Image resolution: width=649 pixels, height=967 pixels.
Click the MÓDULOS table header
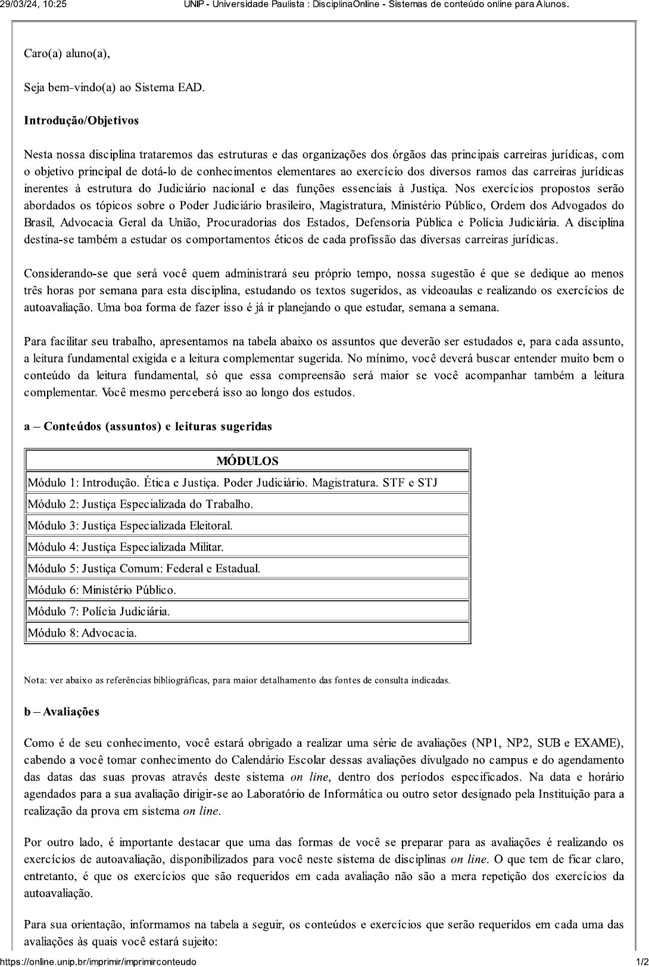point(247,461)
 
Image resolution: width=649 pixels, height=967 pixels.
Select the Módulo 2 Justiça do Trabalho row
point(141,504)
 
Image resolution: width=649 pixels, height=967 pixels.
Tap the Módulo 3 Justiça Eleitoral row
point(130,526)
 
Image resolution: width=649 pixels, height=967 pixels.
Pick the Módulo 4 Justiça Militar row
point(126,547)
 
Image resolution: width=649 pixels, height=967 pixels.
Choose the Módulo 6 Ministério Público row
point(102,590)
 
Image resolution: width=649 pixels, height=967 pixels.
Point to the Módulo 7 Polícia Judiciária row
point(99,612)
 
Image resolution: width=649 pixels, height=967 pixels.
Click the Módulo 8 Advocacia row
point(82,633)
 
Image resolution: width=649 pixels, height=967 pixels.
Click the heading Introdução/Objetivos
point(81,121)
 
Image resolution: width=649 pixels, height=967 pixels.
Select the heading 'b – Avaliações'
point(61,712)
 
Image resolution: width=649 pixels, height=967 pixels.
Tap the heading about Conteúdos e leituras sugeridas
point(148,426)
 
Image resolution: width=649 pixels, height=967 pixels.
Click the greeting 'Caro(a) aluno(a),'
point(67,54)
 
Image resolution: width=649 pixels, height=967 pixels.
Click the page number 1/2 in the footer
point(642,962)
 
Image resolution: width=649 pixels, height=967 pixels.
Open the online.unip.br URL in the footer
point(98,962)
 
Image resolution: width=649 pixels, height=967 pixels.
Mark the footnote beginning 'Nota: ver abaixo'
point(237,680)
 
